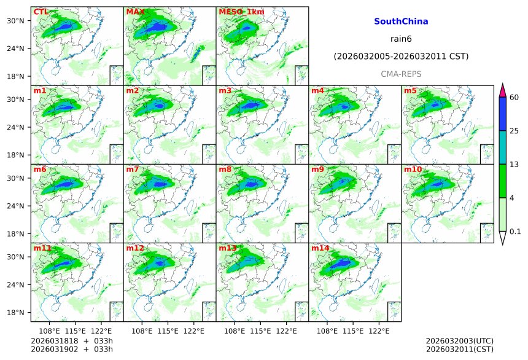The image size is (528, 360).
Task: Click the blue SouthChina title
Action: click(x=401, y=22)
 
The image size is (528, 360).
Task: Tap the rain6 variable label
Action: click(x=401, y=39)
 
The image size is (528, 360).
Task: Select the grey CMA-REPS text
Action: click(x=401, y=74)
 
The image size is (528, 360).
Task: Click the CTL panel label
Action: click(x=41, y=12)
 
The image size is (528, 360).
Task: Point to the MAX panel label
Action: click(x=135, y=12)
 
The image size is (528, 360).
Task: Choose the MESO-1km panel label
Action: click(x=240, y=12)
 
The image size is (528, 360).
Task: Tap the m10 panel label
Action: click(x=413, y=169)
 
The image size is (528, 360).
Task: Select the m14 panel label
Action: click(x=320, y=248)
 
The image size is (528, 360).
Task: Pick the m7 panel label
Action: click(x=133, y=169)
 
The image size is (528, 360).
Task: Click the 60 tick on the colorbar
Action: click(x=514, y=98)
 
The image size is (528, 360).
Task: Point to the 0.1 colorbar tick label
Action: click(x=515, y=232)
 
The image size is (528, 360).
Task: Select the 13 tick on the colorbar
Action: click(x=514, y=165)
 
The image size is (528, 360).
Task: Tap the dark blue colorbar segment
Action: click(x=502, y=114)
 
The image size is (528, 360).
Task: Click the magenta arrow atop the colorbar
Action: click(x=502, y=90)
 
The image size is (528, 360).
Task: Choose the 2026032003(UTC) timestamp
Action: click(x=459, y=341)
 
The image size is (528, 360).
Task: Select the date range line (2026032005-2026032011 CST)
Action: click(x=401, y=57)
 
